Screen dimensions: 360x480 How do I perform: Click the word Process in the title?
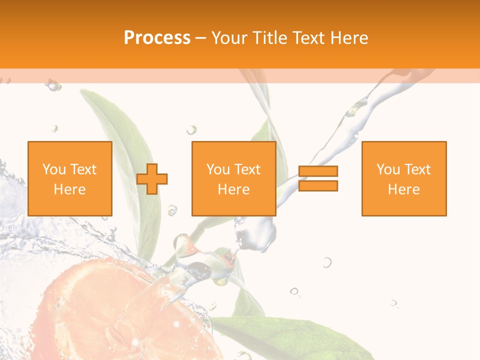pos(157,38)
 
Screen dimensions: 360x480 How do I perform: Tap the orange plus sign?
pos(152,179)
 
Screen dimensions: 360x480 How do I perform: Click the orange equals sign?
pos(318,178)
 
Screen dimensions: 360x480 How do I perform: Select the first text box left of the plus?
pos(70,178)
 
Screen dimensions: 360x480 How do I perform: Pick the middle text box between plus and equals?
pos(234,178)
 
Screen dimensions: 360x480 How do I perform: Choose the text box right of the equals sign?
pos(404,178)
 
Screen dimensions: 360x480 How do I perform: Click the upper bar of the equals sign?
pos(318,171)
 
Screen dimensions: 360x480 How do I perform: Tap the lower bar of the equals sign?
pos(318,185)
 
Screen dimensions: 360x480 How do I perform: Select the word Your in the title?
pos(230,38)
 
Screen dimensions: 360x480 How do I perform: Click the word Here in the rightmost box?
pos(404,189)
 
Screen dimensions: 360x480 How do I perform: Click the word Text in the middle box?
pos(247,169)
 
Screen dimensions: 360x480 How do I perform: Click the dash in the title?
pos(201,38)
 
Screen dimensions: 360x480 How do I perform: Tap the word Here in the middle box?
pos(234,189)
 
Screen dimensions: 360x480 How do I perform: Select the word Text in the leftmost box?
pos(83,169)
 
